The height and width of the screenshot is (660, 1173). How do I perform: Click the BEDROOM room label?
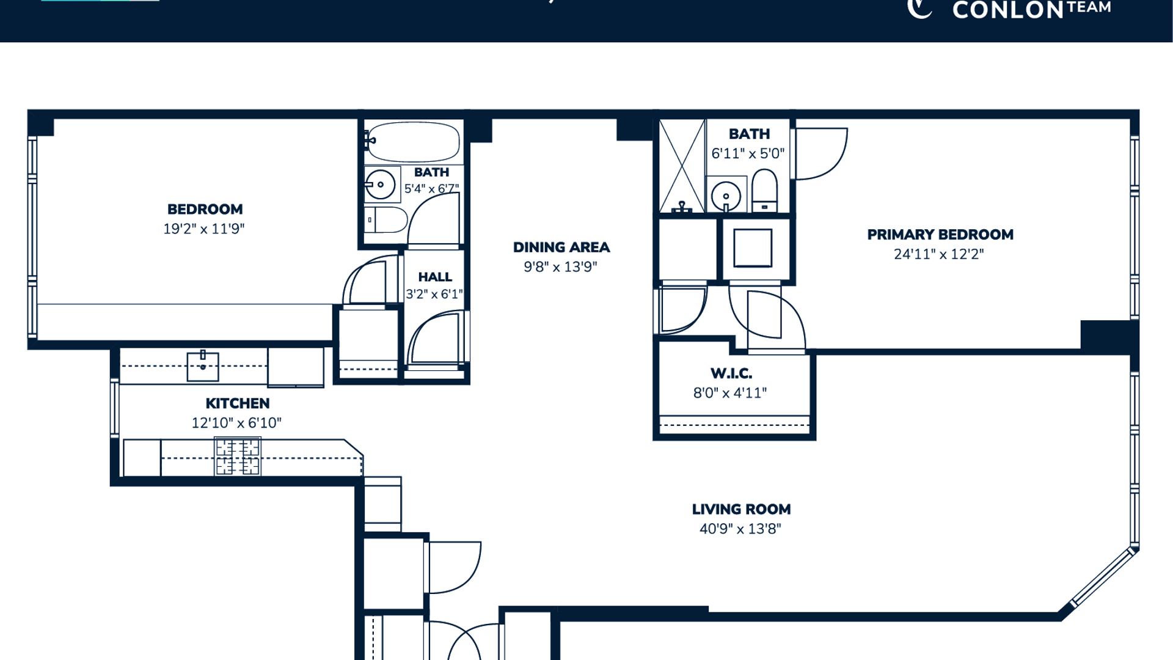(205, 209)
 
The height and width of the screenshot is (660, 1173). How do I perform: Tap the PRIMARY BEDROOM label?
(940, 235)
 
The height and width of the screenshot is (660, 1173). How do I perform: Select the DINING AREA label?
(561, 248)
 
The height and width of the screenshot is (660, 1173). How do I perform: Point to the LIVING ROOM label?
(741, 509)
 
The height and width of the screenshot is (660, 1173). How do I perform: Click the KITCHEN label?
(237, 403)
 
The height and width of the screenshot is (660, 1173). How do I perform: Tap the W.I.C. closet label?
(731, 373)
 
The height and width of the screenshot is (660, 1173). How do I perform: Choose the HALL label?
(435, 277)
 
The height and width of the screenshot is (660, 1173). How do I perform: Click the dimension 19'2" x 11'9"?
(203, 229)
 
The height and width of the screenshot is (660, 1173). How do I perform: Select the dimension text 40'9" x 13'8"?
(740, 529)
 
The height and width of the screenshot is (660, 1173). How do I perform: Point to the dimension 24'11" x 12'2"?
(939, 254)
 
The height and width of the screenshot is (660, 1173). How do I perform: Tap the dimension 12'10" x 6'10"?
(236, 423)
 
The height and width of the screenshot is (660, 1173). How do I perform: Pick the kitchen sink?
(203, 366)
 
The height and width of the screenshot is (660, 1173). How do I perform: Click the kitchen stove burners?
(238, 457)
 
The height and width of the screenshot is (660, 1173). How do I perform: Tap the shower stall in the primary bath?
(682, 166)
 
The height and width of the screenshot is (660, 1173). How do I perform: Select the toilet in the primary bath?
(764, 191)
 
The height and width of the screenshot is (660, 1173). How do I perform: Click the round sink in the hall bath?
(380, 185)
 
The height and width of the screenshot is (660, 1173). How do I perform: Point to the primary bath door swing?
(821, 154)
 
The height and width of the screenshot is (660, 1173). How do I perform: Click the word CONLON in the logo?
(1009, 10)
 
